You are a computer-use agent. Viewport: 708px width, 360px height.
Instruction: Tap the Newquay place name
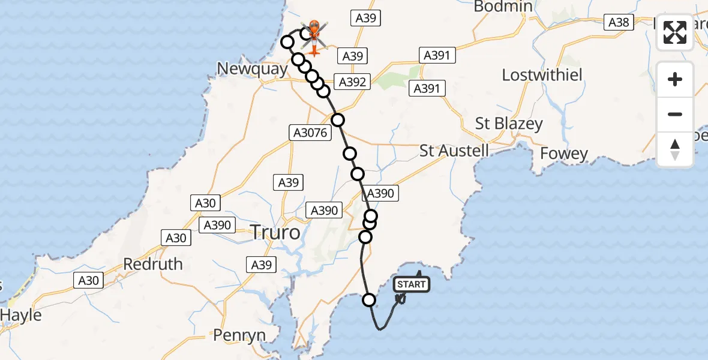coord(252,69)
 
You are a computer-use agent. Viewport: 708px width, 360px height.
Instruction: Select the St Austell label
coord(454,150)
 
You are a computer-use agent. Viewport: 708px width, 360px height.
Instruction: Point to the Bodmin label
coord(503,7)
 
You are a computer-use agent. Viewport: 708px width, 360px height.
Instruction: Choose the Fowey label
coord(564,154)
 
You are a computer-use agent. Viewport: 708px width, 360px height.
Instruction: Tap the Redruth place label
coord(153,263)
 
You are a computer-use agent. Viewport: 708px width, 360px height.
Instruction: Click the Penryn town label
coord(239,335)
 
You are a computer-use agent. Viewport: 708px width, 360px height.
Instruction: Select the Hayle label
coord(21,315)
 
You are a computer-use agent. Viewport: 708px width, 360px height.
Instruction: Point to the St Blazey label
coord(509,124)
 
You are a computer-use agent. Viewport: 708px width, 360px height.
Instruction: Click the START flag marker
coord(412,284)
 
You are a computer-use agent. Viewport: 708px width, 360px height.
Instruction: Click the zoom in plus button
coord(675,79)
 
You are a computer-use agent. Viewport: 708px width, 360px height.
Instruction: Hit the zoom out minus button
coord(675,114)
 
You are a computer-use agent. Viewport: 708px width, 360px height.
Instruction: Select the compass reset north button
coord(675,149)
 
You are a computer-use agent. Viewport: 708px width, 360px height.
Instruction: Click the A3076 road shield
coord(310,133)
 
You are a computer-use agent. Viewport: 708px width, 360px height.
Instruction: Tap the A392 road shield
coord(352,82)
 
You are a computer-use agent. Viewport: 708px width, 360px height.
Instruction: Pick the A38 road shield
coord(619,22)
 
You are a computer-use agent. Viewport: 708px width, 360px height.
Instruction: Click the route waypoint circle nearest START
coord(369,300)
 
